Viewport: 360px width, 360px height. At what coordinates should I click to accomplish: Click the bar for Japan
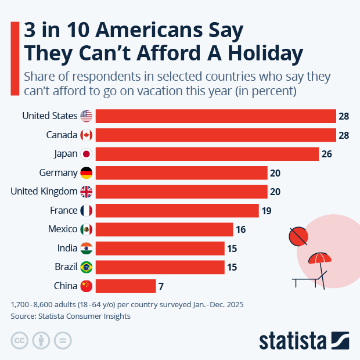coord(207,154)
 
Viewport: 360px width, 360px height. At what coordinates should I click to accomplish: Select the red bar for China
coord(125,286)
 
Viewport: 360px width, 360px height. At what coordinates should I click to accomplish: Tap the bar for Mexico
coord(164,229)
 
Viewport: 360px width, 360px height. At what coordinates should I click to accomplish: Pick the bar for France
coord(177,210)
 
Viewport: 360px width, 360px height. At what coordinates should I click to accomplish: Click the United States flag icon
coord(87,116)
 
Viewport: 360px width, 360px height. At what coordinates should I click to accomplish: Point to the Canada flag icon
coord(87,135)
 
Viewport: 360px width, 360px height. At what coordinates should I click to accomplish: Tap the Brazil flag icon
coord(87,267)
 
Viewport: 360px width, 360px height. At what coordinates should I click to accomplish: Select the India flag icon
coord(87,248)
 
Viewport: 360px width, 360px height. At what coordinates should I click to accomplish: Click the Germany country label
coord(58,172)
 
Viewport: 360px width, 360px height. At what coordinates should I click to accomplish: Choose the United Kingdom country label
coord(44,192)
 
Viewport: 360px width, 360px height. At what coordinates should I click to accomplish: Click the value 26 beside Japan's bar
coord(326,154)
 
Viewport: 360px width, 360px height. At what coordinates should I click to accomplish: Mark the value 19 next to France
coord(266,210)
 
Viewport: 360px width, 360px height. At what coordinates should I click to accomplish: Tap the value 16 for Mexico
coord(240,229)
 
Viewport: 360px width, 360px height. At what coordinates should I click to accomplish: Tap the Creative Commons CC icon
coord(20,340)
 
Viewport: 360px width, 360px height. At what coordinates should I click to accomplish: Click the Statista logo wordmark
coord(293,340)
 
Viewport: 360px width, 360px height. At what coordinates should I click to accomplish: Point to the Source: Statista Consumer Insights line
coord(70,316)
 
